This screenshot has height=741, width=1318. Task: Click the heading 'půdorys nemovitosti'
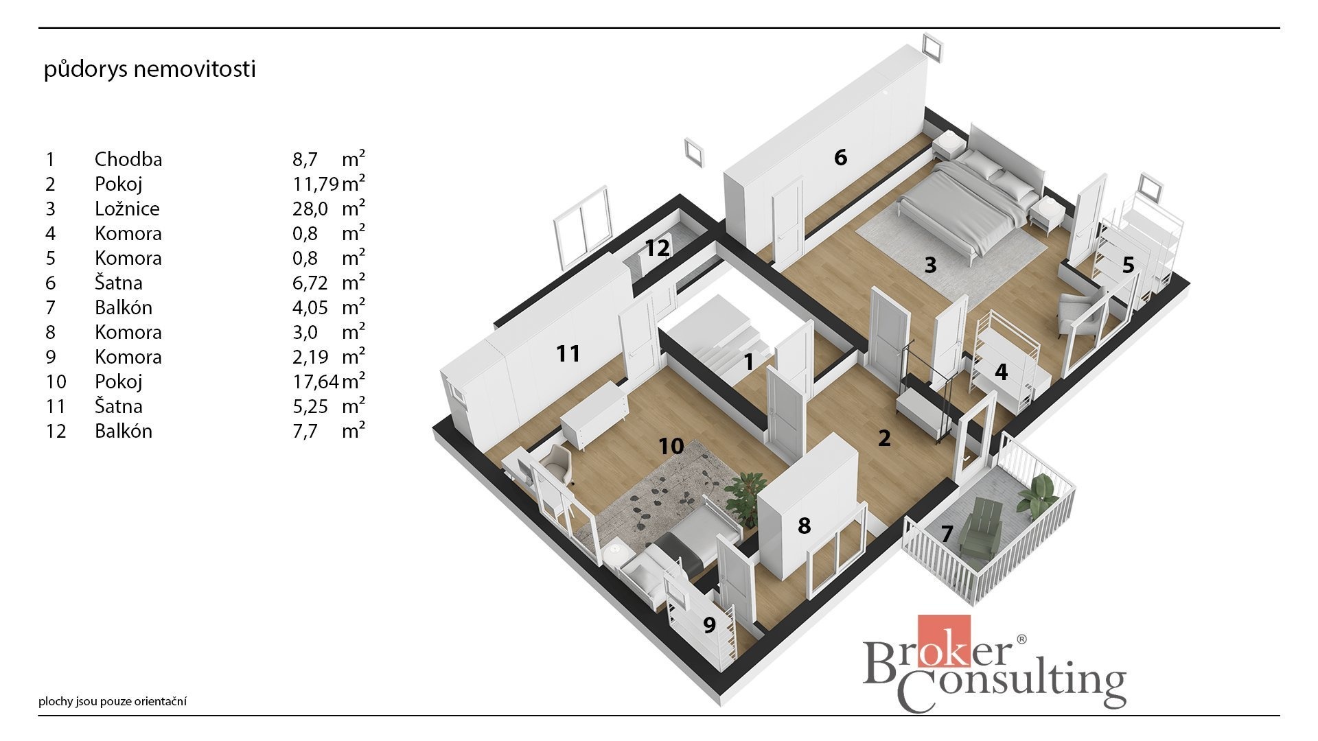pyautogui.click(x=150, y=70)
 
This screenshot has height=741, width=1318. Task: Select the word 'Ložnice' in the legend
pyautogui.click(x=127, y=209)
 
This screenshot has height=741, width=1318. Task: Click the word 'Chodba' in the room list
pyautogui.click(x=128, y=159)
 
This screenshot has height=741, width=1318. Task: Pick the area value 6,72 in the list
pyautogui.click(x=312, y=283)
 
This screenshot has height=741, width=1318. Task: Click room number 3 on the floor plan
pyautogui.click(x=930, y=265)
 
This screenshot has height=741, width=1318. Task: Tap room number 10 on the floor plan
pyautogui.click(x=671, y=447)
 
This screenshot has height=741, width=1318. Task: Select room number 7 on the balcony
pyautogui.click(x=947, y=533)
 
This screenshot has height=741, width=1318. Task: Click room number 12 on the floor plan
pyautogui.click(x=657, y=248)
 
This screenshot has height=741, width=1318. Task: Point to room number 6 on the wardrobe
pyautogui.click(x=841, y=157)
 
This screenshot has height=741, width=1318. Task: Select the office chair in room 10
pyautogui.click(x=557, y=464)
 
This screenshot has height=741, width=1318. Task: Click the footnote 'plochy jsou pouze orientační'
pyautogui.click(x=113, y=701)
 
